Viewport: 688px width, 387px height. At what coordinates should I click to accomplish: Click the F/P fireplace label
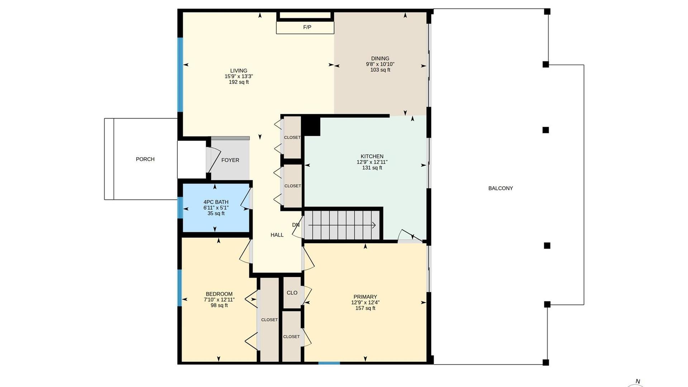pos(307,27)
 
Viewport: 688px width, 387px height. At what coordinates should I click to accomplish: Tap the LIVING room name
pos(239,71)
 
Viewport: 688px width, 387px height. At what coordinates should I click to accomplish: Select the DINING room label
pos(380,58)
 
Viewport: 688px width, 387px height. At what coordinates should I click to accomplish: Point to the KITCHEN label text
pos(372,156)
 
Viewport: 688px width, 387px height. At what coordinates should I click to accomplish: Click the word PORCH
pos(145,159)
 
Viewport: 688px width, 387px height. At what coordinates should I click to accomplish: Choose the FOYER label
pos(230,160)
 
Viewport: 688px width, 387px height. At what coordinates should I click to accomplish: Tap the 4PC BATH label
pos(216,202)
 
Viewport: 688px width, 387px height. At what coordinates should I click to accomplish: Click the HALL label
pos(277,235)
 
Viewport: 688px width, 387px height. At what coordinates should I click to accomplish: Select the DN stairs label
pos(296,225)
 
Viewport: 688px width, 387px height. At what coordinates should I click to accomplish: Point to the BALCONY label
pos(501,188)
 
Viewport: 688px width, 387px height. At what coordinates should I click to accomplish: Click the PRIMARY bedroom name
pos(365,297)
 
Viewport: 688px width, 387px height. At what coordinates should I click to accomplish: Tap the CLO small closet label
pos(292,293)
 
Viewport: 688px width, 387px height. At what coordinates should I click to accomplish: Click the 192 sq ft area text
pos(239,82)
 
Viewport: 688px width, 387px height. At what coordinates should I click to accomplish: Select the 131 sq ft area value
pos(372,168)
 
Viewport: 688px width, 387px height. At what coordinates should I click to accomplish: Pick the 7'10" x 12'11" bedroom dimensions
pos(219,300)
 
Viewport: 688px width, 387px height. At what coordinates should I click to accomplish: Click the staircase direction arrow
pos(342,225)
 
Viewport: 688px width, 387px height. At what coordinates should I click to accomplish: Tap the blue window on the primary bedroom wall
pos(329,363)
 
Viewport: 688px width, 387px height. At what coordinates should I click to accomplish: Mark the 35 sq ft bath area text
pos(216,214)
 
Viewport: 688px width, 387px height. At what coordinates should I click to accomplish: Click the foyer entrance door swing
pos(213,159)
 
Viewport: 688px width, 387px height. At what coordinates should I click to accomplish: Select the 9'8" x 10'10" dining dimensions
pos(380,64)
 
